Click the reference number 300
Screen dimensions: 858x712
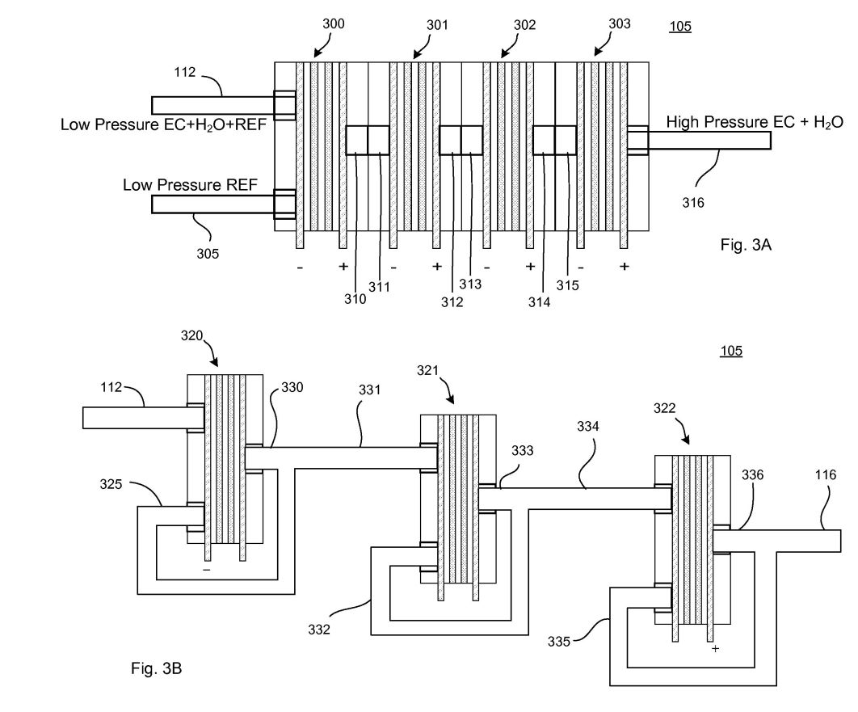click(333, 23)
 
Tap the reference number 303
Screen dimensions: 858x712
click(620, 23)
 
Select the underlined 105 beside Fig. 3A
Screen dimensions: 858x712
click(680, 27)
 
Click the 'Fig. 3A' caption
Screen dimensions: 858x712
click(745, 245)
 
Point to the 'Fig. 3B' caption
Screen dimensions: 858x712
click(156, 668)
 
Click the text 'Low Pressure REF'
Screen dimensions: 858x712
click(190, 184)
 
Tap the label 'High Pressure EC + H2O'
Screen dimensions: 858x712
click(755, 122)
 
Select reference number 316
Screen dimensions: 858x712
click(692, 203)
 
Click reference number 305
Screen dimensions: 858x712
click(208, 254)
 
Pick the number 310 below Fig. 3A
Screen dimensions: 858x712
click(355, 299)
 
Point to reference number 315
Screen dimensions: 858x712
click(567, 285)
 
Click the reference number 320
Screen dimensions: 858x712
click(192, 335)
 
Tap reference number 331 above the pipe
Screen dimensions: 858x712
click(369, 390)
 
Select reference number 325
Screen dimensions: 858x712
click(111, 484)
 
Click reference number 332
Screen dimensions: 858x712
click(319, 630)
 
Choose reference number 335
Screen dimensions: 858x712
click(559, 642)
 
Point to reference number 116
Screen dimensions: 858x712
click(825, 474)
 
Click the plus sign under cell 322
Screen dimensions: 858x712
click(715, 648)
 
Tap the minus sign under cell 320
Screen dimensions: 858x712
click(206, 570)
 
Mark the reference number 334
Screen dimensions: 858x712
click(587, 427)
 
